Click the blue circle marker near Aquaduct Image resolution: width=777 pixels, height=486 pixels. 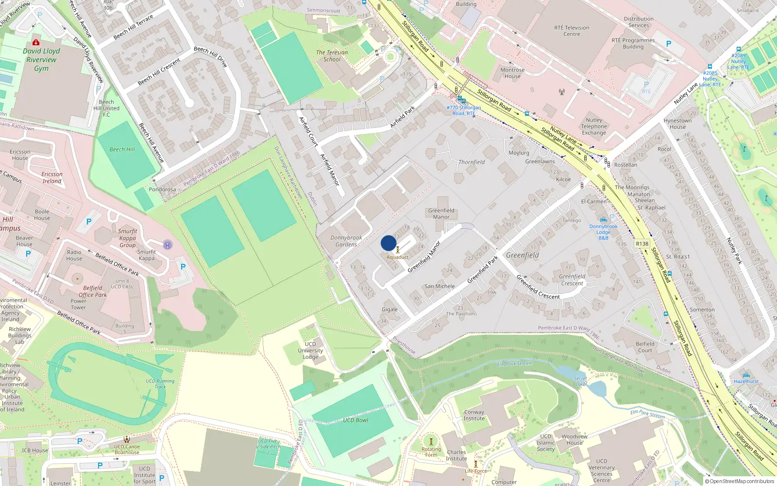point(388,243)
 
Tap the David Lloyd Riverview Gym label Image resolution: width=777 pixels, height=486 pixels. point(41,60)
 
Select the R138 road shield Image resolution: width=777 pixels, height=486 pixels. point(642,244)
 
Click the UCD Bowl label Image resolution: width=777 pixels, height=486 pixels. point(355,420)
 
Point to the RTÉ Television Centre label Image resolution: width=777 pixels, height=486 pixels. point(572,31)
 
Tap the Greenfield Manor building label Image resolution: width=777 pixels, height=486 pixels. point(441,214)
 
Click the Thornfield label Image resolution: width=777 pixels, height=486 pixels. point(472,162)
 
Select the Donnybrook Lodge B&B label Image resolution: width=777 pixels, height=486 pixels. point(604,232)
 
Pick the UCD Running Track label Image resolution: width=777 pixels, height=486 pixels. point(160,384)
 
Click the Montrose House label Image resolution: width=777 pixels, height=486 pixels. point(512,73)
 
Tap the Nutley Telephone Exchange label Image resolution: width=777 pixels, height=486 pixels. point(594,126)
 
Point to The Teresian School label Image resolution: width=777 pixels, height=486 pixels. point(332,56)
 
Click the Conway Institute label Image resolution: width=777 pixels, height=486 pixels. point(474,415)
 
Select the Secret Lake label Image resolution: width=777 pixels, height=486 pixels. point(580,381)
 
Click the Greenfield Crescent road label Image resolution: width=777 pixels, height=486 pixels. point(538,287)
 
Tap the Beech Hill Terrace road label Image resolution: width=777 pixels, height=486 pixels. point(133,27)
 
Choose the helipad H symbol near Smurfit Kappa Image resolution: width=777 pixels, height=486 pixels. point(168,245)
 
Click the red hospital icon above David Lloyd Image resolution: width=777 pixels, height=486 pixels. point(35,42)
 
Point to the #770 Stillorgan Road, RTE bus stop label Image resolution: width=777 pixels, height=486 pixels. point(463,110)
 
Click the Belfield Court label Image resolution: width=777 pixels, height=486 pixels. point(645,347)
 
